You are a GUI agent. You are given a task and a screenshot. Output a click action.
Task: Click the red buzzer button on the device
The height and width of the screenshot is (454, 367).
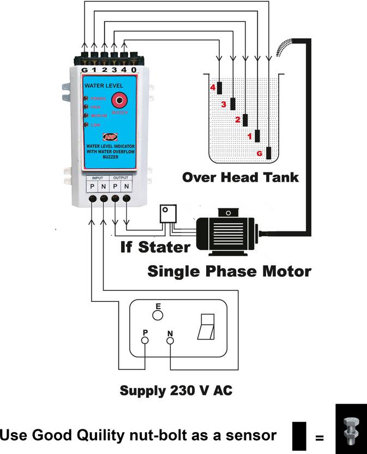point(119,100)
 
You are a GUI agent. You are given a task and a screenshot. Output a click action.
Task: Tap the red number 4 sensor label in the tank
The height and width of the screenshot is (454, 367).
point(213,87)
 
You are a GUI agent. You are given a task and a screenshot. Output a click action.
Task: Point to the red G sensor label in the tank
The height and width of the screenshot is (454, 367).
point(259,154)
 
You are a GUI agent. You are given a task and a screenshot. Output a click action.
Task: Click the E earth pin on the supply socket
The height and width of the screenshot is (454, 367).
point(158,315)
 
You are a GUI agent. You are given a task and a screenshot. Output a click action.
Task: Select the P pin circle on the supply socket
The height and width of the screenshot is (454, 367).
point(145,341)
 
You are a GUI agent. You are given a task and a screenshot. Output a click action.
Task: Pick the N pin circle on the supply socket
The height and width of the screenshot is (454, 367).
point(170,341)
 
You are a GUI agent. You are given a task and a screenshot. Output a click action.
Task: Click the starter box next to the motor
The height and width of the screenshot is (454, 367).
point(167,213)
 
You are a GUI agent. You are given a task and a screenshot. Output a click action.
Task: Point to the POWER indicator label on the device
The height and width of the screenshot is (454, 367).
point(98,99)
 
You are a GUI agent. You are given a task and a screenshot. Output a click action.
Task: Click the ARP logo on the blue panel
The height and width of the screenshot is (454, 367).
point(109,138)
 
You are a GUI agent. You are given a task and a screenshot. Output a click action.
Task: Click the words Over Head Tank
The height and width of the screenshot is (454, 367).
point(240,177)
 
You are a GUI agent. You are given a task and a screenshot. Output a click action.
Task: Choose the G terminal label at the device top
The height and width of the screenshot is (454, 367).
point(85,70)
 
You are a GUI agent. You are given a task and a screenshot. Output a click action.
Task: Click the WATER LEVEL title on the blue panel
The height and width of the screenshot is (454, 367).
point(104,86)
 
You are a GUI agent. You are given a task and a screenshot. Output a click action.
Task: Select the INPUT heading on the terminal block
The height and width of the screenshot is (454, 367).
point(97,177)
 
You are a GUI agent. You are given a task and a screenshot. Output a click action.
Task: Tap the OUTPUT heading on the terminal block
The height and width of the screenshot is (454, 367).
point(121,177)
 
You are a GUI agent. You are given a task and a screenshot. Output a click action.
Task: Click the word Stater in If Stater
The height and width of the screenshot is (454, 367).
point(164,247)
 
